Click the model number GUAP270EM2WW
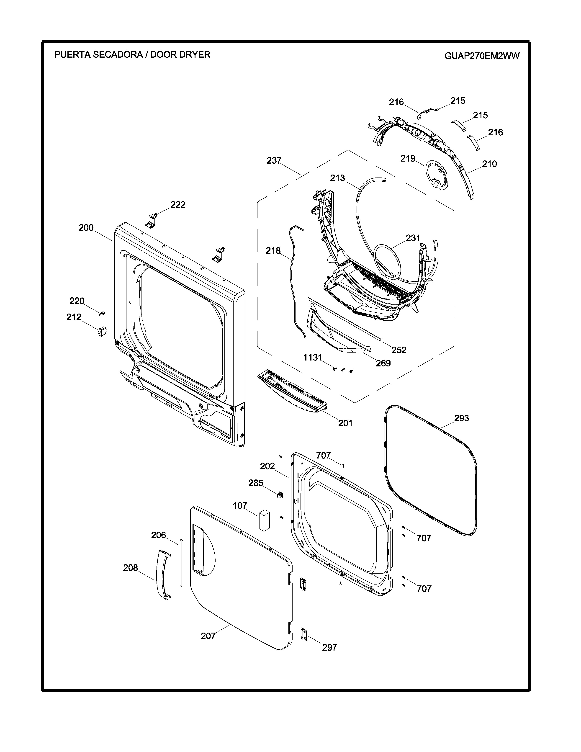click(482, 56)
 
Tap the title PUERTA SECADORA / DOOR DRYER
click(132, 54)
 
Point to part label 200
click(86, 228)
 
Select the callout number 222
click(178, 205)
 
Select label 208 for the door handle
click(131, 568)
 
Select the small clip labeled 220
click(102, 313)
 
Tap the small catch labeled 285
click(280, 494)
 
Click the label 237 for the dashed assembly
click(274, 160)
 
